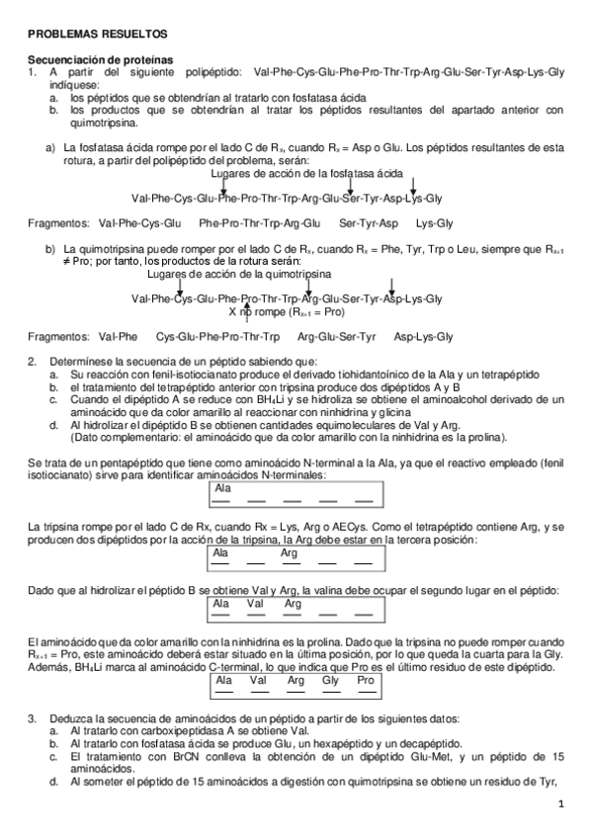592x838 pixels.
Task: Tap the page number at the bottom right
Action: pyautogui.click(x=559, y=803)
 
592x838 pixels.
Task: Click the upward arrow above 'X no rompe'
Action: pyautogui.click(x=246, y=302)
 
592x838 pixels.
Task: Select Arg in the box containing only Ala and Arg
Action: pyautogui.click(x=290, y=553)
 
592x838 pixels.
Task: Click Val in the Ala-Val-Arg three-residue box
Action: pyautogui.click(x=255, y=602)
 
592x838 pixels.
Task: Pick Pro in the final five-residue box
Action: pyautogui.click(x=365, y=681)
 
